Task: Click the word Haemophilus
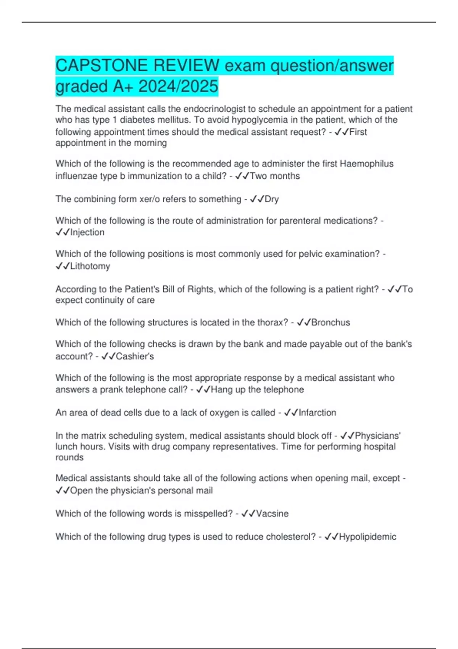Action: click(366, 164)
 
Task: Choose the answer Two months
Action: click(275, 176)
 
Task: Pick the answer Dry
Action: click(272, 199)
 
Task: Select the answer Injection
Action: click(87, 232)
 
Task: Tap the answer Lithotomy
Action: click(90, 266)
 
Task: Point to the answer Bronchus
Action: click(331, 323)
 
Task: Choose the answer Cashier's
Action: click(135, 356)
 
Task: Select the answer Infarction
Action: click(317, 413)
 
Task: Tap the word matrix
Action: click(92, 436)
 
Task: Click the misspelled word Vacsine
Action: click(272, 513)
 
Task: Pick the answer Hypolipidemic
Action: click(368, 537)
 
